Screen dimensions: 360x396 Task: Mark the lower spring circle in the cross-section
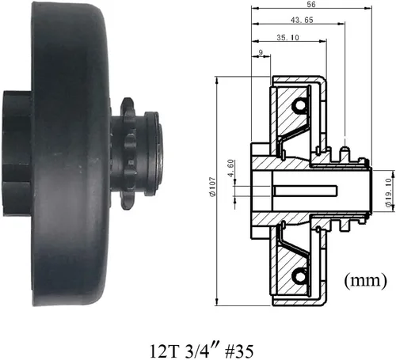coord(299,275)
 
